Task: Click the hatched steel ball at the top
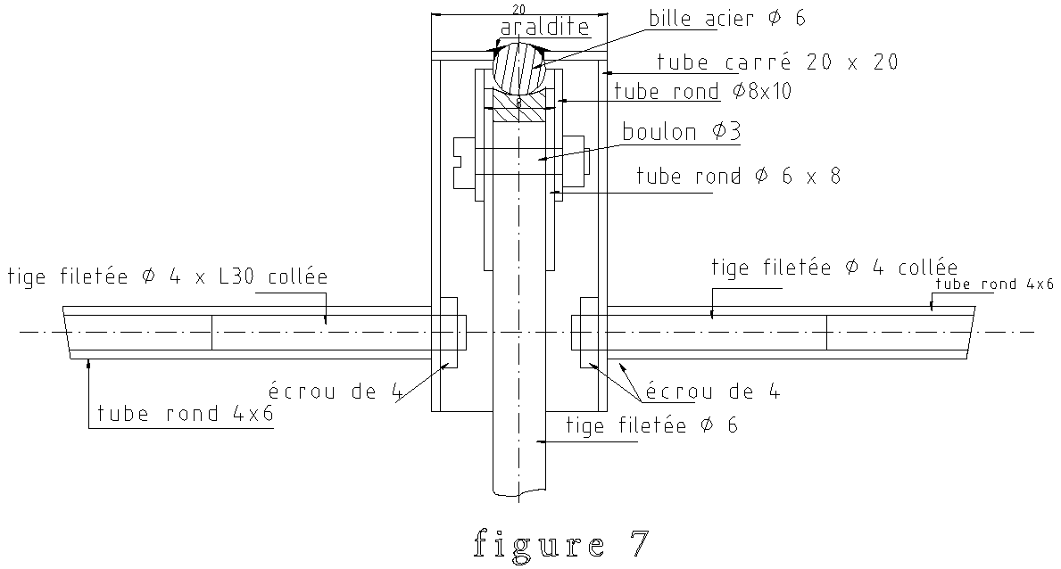[519, 67]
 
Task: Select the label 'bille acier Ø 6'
[727, 18]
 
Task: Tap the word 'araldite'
[544, 27]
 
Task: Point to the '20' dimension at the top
[519, 9]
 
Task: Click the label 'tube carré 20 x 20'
[777, 62]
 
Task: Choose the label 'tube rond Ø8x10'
[702, 91]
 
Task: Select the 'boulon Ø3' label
[682, 131]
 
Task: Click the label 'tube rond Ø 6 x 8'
[738, 176]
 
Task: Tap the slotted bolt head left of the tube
[463, 161]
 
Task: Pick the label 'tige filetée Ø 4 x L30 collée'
[168, 276]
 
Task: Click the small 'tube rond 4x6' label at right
[994, 284]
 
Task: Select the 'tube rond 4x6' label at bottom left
[186, 414]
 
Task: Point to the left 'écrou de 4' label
[336, 392]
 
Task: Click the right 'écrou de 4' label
[712, 392]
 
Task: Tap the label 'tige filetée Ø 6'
[651, 425]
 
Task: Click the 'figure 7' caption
[561, 542]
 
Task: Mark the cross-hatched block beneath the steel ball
[519, 106]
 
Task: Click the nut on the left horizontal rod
[449, 332]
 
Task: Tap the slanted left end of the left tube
[66, 332]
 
